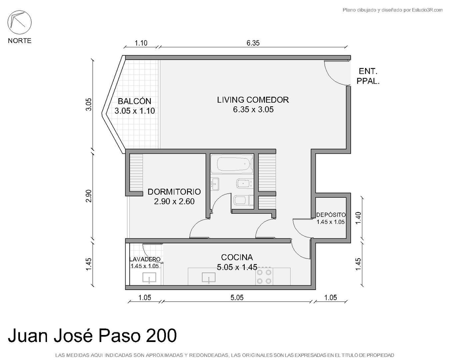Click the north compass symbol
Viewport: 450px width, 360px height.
pos(19,22)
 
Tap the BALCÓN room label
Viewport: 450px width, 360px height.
pos(134,101)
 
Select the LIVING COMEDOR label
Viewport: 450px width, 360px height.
pos(253,100)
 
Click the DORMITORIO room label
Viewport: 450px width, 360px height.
pos(174,192)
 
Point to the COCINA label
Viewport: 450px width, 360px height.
pos(237,258)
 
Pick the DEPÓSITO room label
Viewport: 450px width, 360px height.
pos(331,215)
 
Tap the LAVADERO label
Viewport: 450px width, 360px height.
pos(145,259)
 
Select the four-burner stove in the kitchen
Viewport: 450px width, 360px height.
pos(264,277)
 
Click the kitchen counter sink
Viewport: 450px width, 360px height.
pos(209,277)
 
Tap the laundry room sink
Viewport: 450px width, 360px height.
pos(149,278)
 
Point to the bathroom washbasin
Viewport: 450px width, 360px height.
pos(215,184)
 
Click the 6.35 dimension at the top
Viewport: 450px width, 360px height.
pos(253,43)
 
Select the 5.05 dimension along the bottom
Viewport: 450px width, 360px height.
pos(237,297)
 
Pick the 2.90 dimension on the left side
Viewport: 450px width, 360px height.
pos(89,196)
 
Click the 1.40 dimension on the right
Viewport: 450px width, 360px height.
pos(358,218)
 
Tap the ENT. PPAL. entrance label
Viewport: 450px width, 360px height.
pos(368,76)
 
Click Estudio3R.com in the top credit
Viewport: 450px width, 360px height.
pos(427,10)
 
